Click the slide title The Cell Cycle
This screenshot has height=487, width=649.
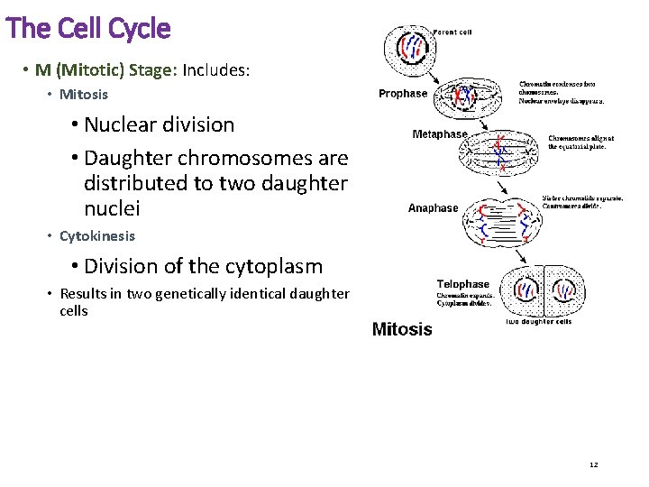87,29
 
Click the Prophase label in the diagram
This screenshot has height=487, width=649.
403,94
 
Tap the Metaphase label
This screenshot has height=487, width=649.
440,134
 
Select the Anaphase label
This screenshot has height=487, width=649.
433,208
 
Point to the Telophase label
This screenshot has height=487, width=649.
462,284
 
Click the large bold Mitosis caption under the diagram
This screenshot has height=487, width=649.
402,329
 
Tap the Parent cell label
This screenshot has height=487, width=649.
452,32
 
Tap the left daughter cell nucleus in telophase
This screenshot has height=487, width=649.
526,290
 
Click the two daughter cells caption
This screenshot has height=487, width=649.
539,322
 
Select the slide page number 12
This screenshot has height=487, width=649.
593,464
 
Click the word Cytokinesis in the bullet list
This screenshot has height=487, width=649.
97,236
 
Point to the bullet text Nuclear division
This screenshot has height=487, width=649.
159,125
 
